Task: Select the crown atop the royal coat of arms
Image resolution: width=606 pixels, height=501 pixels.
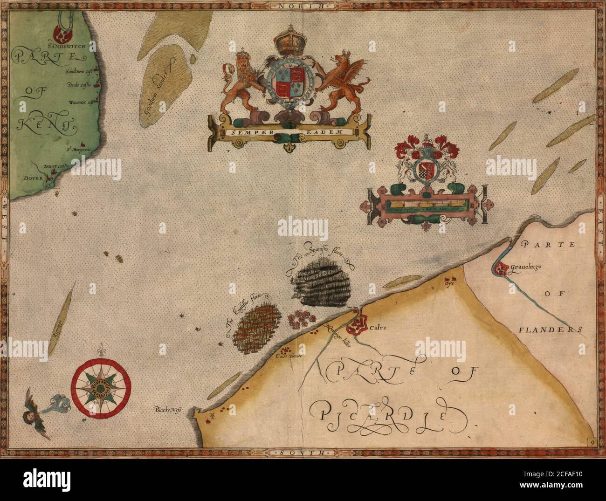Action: coord(288,42)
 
